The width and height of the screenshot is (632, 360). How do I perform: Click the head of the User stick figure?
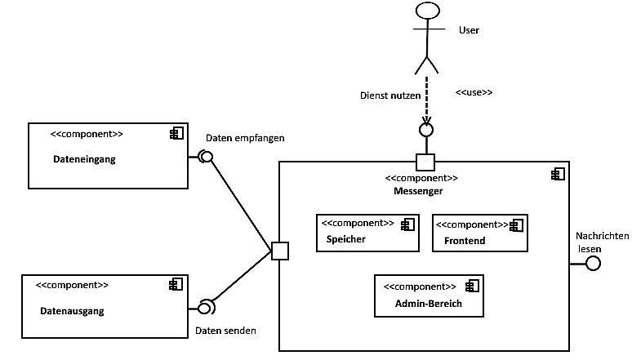(x=425, y=11)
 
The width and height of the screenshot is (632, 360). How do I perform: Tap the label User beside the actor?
(x=470, y=30)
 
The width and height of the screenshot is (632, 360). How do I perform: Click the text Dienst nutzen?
(x=390, y=95)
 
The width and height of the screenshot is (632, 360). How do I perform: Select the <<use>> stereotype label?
(x=474, y=92)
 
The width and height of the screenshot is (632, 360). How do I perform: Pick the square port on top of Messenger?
(x=425, y=161)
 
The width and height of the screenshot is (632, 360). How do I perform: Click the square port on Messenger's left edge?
(x=279, y=251)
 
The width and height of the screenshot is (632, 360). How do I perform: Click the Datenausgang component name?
(x=73, y=311)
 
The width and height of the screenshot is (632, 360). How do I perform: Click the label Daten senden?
(x=225, y=331)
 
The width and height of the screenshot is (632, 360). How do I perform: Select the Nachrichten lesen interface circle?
(x=594, y=263)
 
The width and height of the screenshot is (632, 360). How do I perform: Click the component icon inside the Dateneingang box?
(x=176, y=134)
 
